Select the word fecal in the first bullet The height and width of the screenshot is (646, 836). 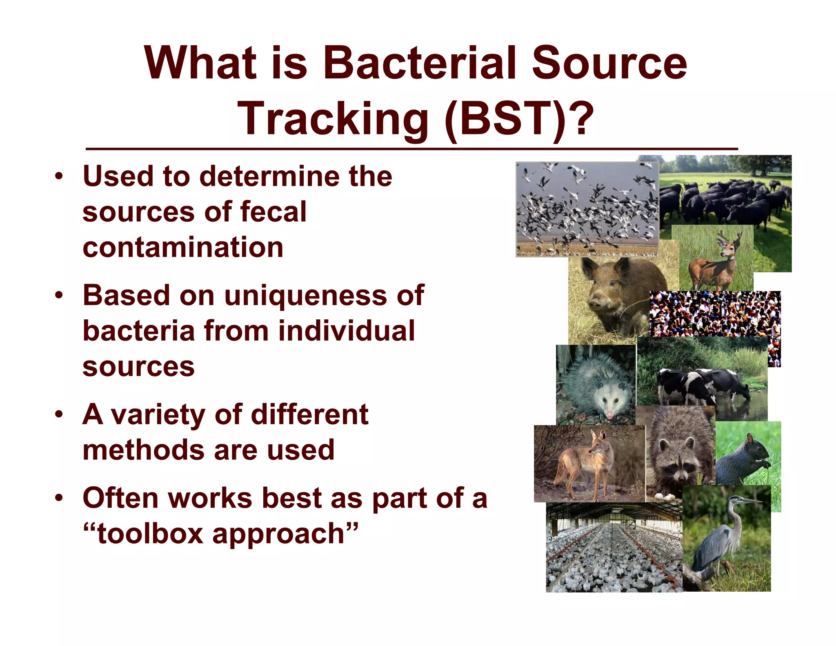coord(273,212)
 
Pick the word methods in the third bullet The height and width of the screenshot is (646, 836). coord(142,450)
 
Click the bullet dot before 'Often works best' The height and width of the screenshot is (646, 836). coord(60,498)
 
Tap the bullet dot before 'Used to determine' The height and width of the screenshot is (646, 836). coord(60,176)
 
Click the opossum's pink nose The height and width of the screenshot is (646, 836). coord(609,415)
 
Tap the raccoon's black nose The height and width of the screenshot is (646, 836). coord(681,476)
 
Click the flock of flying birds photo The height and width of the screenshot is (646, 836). coord(587,208)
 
